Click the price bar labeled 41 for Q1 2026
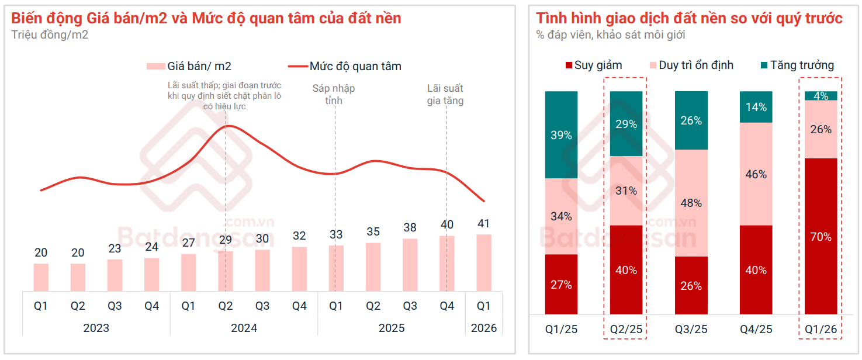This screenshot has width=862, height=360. point(483,262)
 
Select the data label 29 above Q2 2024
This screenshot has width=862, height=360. point(226,240)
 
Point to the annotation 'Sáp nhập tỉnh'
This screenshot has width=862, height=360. point(334,94)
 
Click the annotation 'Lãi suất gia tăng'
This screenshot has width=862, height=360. point(445,94)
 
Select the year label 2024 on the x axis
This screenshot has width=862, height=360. point(244,328)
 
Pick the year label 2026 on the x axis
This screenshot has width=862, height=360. point(484,328)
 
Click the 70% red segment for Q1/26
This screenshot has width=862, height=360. point(821,236)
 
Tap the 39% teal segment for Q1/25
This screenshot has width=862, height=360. point(561,135)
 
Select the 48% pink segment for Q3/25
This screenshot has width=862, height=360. point(691,203)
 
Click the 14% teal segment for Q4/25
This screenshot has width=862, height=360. point(756,107)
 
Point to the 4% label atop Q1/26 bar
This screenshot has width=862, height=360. point(821,96)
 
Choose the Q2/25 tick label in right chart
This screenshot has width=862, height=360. point(626,329)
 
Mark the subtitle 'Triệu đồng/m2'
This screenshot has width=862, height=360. point(50,34)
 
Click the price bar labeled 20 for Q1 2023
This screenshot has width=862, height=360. point(41,277)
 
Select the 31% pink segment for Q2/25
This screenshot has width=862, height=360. point(626,191)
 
